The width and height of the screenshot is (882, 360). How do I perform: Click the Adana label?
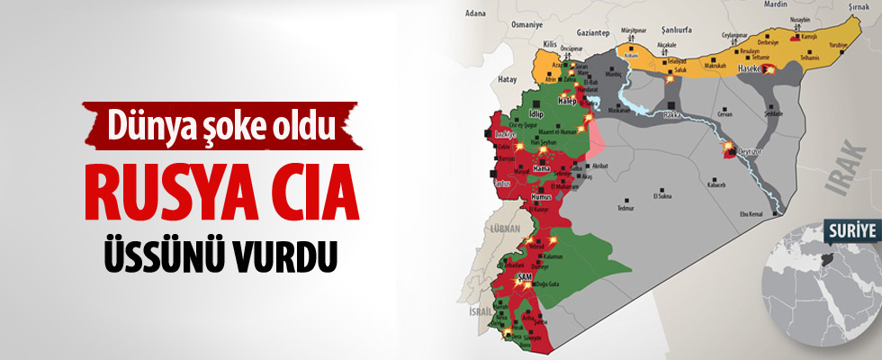(x=476, y=13)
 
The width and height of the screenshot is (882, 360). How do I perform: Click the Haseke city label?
(x=750, y=68)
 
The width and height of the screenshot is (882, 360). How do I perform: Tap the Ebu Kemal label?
(x=752, y=213)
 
